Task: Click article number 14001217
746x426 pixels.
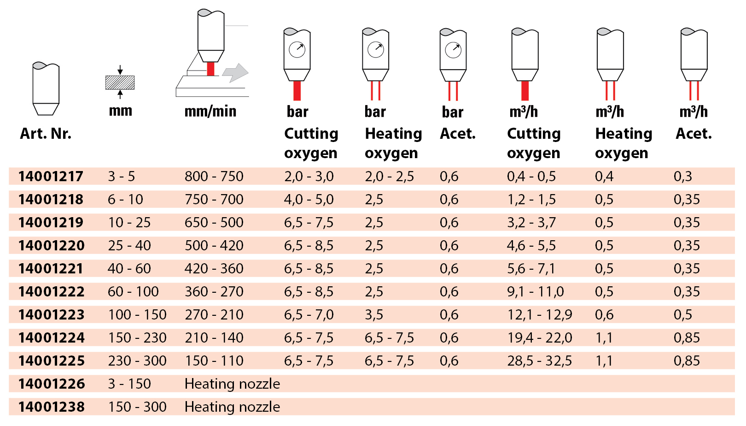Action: coord(51,176)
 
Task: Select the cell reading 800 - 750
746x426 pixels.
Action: coord(214,176)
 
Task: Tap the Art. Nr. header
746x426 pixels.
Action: coord(46,134)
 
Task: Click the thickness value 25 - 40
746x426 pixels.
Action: coord(129,245)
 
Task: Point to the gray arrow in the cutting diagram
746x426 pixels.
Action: coord(235,73)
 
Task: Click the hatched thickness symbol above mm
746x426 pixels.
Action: coord(120,83)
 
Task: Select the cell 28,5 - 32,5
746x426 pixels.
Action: coord(539,361)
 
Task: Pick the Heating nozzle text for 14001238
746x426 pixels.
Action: coord(232,407)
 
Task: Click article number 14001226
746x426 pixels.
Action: coord(52,384)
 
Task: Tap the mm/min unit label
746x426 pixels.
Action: coord(210,111)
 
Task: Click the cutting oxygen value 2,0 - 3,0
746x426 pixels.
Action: coord(309,176)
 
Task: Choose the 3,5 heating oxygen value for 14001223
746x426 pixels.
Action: coord(373,314)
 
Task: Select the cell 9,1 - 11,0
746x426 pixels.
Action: coord(535,291)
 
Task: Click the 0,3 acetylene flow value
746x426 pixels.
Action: coord(682,176)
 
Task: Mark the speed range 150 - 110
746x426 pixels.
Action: coord(214,361)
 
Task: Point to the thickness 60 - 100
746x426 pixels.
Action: coord(133,291)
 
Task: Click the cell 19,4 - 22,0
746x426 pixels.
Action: coord(539,337)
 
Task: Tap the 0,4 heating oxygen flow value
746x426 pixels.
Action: coord(604,176)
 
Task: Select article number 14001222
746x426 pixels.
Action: coord(52,291)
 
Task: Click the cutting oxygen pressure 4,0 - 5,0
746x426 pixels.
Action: coord(309,199)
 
